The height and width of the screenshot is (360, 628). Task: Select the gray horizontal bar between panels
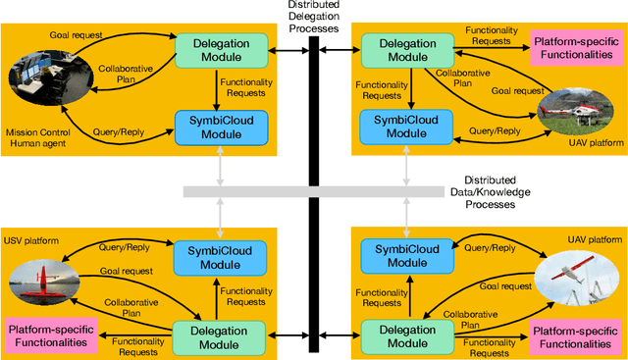pyautogui.click(x=313, y=191)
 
